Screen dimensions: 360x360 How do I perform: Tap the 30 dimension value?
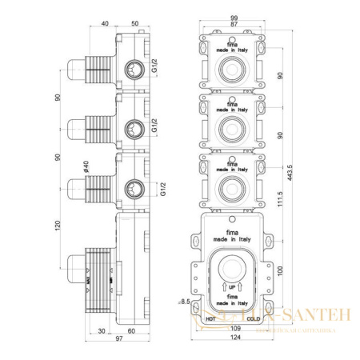coord(102,329)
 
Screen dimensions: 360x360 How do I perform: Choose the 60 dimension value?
coord(130,329)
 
